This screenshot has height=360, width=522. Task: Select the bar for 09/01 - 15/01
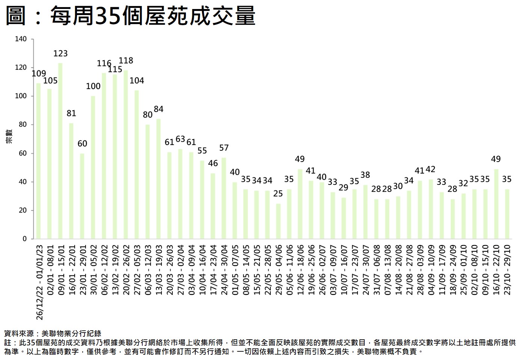click(60, 150)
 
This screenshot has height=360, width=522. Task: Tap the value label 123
click(60, 54)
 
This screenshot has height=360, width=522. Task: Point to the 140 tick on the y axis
click(21, 39)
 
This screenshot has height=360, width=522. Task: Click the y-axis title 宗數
click(9, 136)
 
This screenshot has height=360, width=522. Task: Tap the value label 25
click(278, 194)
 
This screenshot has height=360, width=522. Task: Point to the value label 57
click(224, 148)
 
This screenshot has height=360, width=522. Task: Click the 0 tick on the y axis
click(25, 239)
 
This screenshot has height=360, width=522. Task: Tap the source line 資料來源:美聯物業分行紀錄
click(53, 333)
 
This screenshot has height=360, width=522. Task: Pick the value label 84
click(158, 109)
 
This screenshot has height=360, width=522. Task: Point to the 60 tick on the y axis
click(23, 153)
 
